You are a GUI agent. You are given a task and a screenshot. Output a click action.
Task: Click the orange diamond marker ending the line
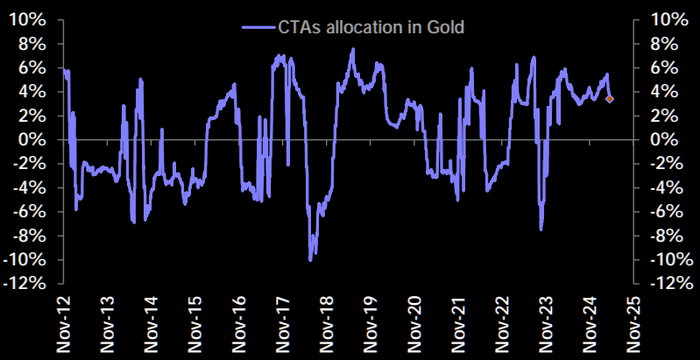[x=610, y=99]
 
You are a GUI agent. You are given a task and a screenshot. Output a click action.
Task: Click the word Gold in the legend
[x=445, y=27]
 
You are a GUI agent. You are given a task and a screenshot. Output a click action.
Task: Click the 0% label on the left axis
[x=38, y=139]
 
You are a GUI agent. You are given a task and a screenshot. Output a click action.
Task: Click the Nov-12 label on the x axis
[x=63, y=325]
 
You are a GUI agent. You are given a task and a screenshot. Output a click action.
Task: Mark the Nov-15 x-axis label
[x=194, y=325]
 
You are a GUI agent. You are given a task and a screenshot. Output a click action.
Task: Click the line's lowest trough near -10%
[x=311, y=259]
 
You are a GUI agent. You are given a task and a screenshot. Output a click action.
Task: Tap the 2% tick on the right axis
[x=661, y=115]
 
